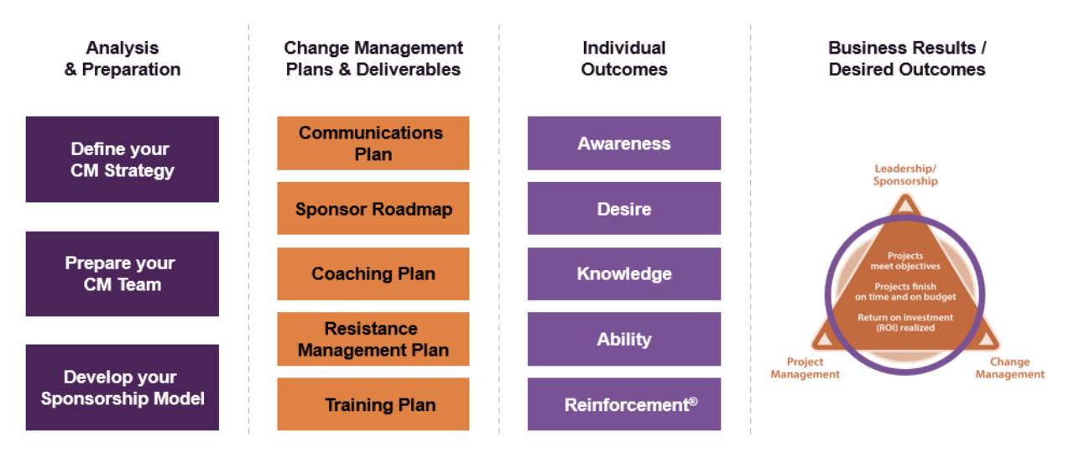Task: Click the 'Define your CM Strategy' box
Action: click(x=122, y=159)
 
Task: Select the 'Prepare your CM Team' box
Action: click(x=122, y=273)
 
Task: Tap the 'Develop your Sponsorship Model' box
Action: click(x=122, y=388)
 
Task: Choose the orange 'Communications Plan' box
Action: click(x=373, y=143)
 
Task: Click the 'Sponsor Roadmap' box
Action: click(x=373, y=208)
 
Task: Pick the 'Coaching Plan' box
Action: click(x=373, y=273)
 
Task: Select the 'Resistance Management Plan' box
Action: click(x=373, y=339)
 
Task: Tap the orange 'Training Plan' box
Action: click(x=373, y=404)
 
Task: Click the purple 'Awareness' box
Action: click(x=624, y=143)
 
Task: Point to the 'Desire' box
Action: click(x=624, y=208)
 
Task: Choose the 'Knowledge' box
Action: click(x=624, y=273)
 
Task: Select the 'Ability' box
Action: click(x=624, y=339)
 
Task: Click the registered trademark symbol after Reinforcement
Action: click(x=693, y=402)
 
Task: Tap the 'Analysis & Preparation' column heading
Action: click(x=122, y=59)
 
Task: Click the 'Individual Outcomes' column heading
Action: click(x=624, y=59)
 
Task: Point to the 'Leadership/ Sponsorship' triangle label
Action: click(x=905, y=174)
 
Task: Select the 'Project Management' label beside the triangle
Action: click(x=805, y=368)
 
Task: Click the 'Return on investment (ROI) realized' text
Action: click(x=905, y=323)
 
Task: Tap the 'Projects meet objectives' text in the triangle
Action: click(x=905, y=261)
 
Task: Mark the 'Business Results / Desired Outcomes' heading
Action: click(x=907, y=59)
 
